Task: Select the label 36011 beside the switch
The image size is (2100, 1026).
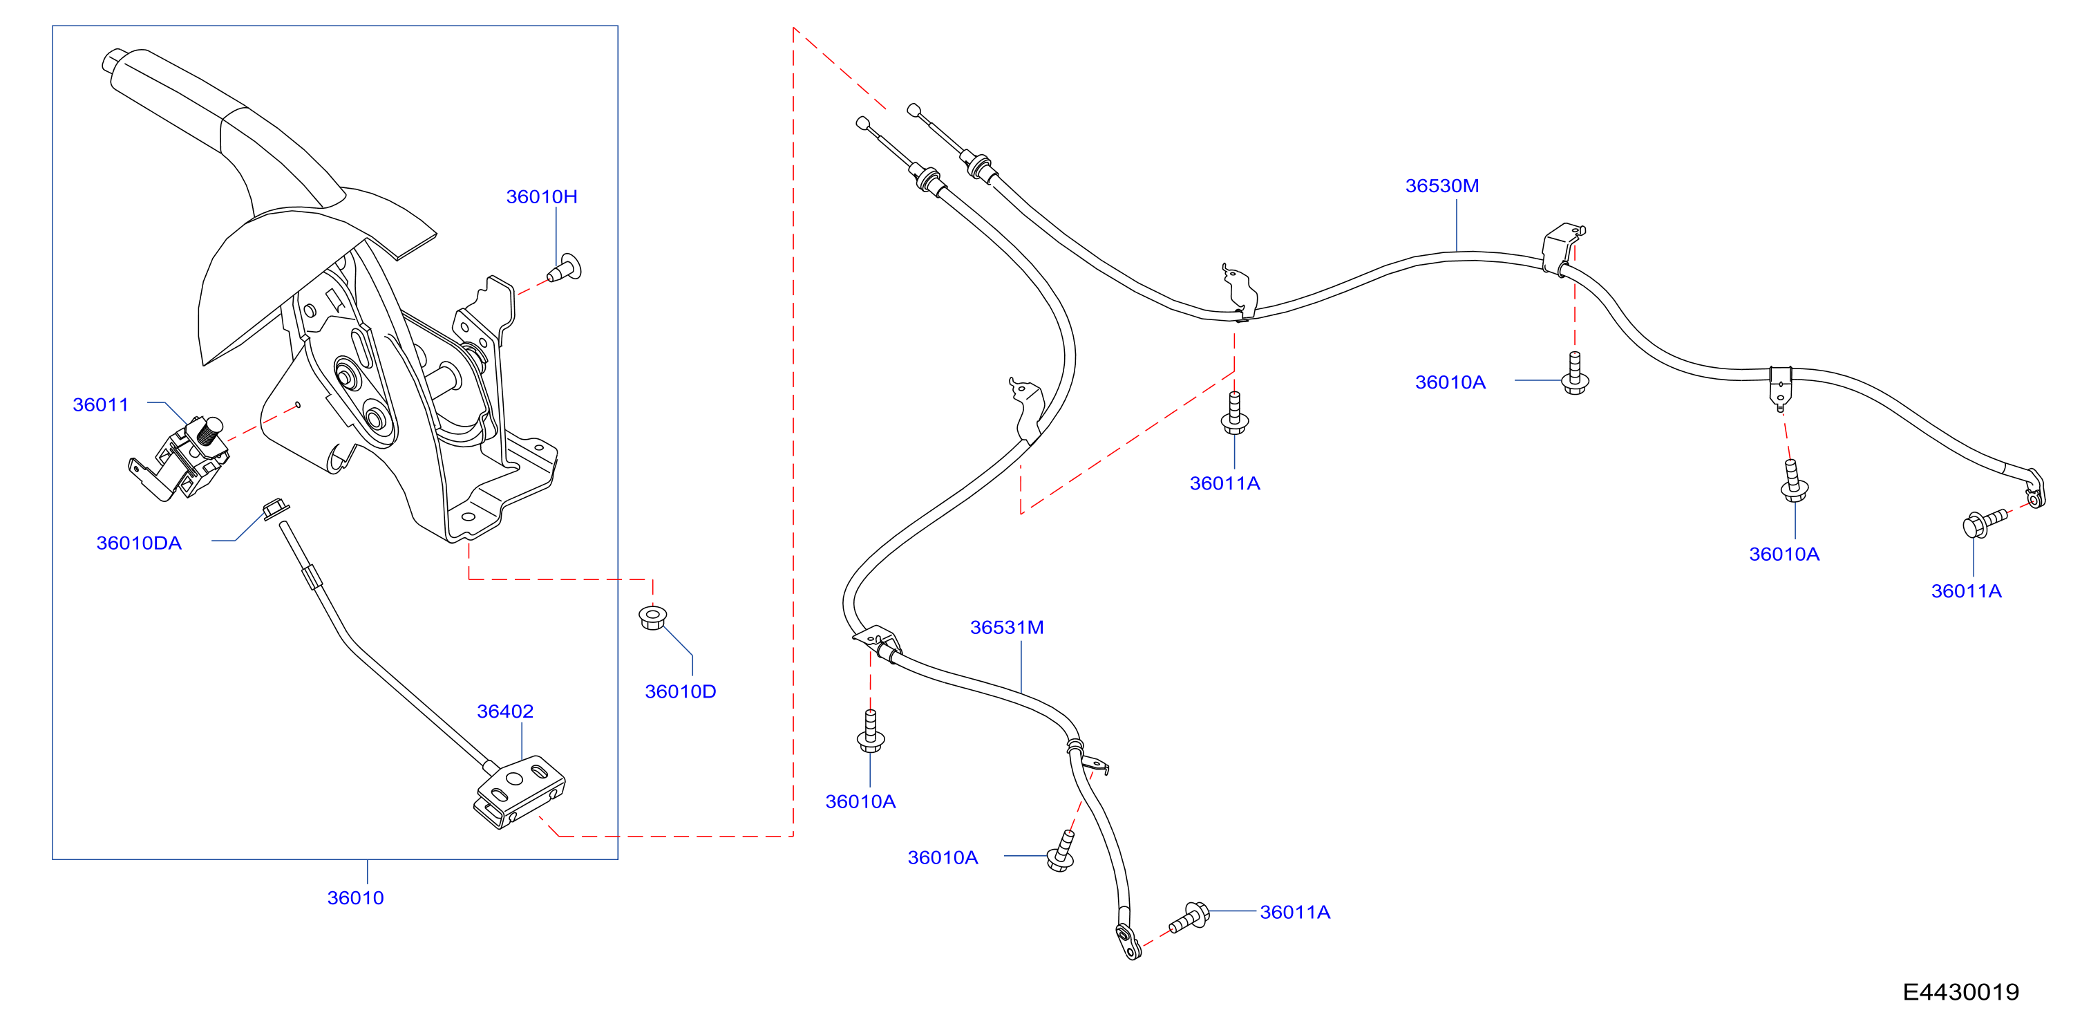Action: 100,404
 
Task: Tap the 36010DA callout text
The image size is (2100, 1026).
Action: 139,543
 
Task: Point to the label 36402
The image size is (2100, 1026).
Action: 504,711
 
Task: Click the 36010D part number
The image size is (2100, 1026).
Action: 680,691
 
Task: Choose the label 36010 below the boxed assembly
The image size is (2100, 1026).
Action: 354,898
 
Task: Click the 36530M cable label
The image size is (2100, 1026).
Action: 1441,186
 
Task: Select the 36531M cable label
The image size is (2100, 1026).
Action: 1006,627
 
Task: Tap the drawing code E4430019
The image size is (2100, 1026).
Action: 1960,991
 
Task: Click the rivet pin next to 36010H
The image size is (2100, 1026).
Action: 565,268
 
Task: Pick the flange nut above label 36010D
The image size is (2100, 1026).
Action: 652,617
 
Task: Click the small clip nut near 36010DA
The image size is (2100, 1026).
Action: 276,509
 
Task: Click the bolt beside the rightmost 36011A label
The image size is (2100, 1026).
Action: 1983,523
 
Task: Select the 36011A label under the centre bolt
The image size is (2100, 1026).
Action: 1224,484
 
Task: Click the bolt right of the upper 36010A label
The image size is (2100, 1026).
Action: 1575,373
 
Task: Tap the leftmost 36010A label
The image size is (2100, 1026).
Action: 860,802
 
